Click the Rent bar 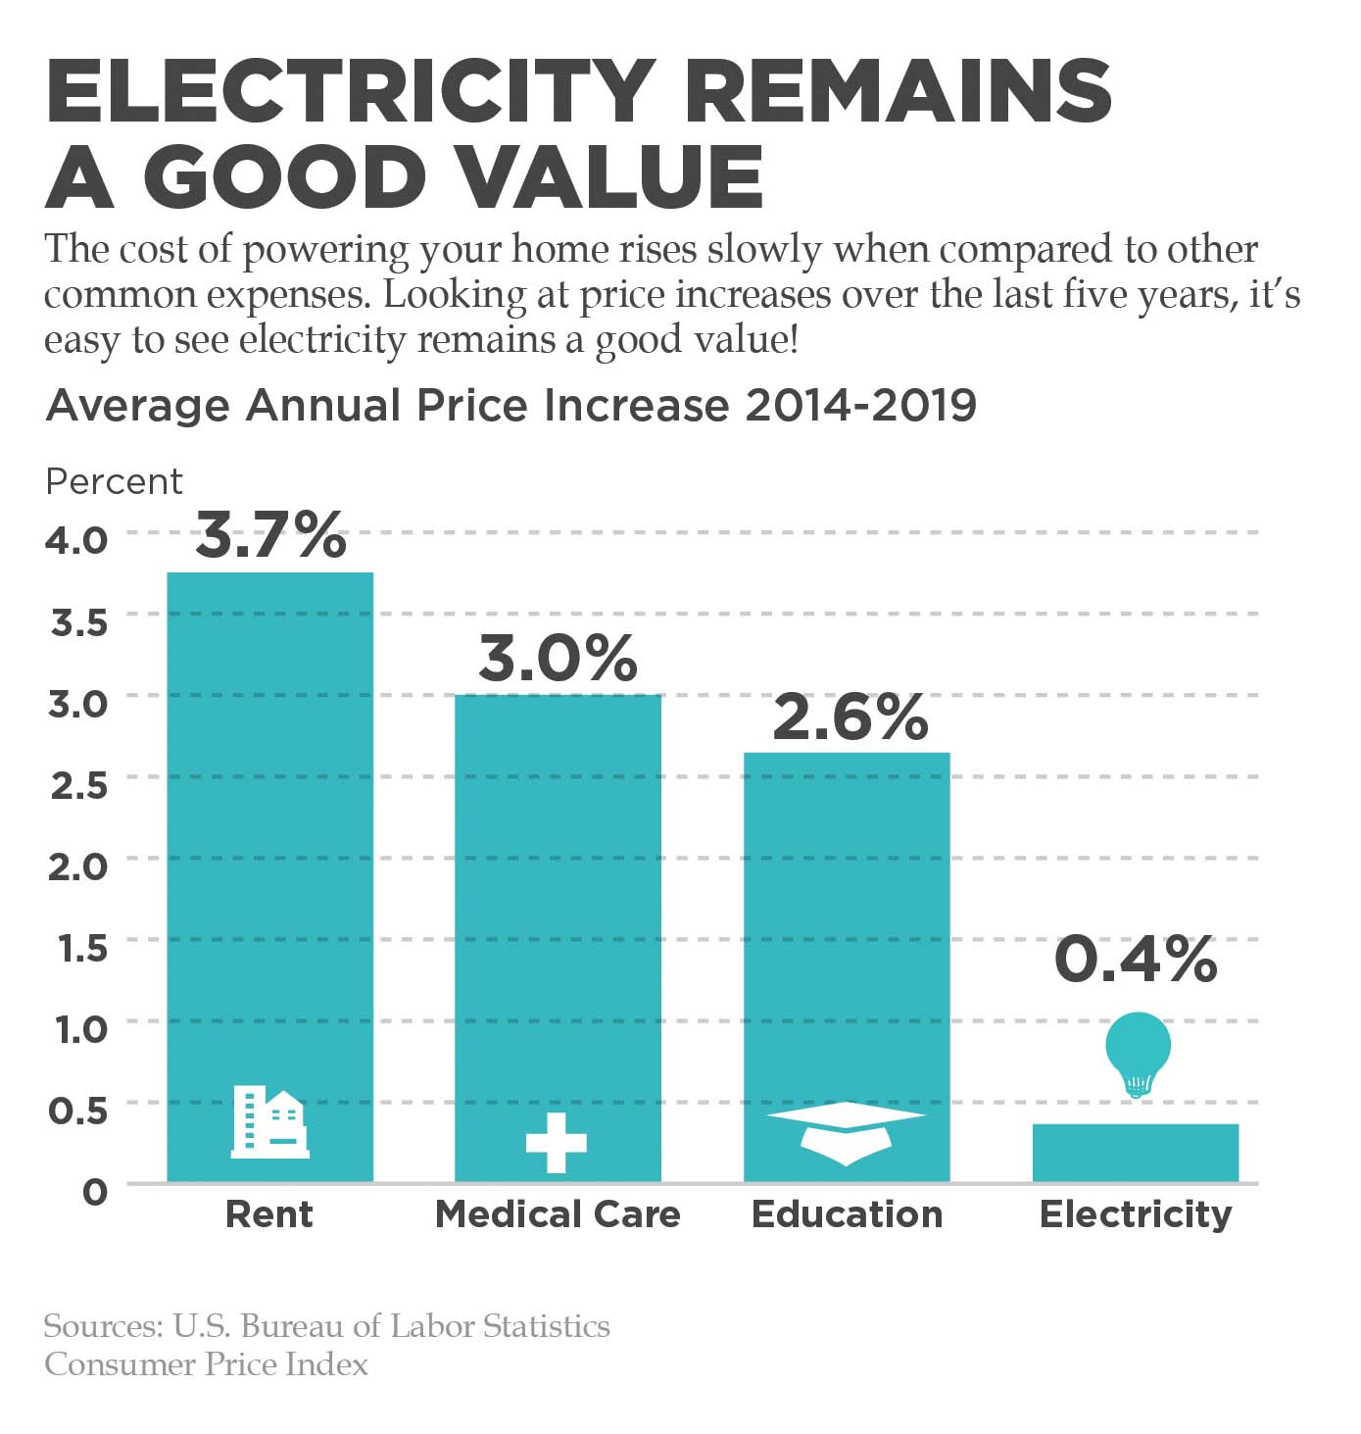click(x=269, y=833)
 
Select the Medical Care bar click(x=558, y=902)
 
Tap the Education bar click(x=847, y=931)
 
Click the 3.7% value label click(x=270, y=535)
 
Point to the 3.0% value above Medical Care click(x=558, y=658)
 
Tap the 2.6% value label click(x=850, y=717)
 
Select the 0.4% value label click(x=1136, y=959)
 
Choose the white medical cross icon click(x=557, y=1142)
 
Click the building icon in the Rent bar click(x=269, y=1122)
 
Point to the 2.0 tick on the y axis click(x=78, y=866)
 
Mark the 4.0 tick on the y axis click(x=78, y=540)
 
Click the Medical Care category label click(x=558, y=1214)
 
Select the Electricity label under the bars click(x=1136, y=1214)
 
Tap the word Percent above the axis click(x=114, y=481)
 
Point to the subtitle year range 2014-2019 click(x=860, y=405)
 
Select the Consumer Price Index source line click(x=207, y=1364)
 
